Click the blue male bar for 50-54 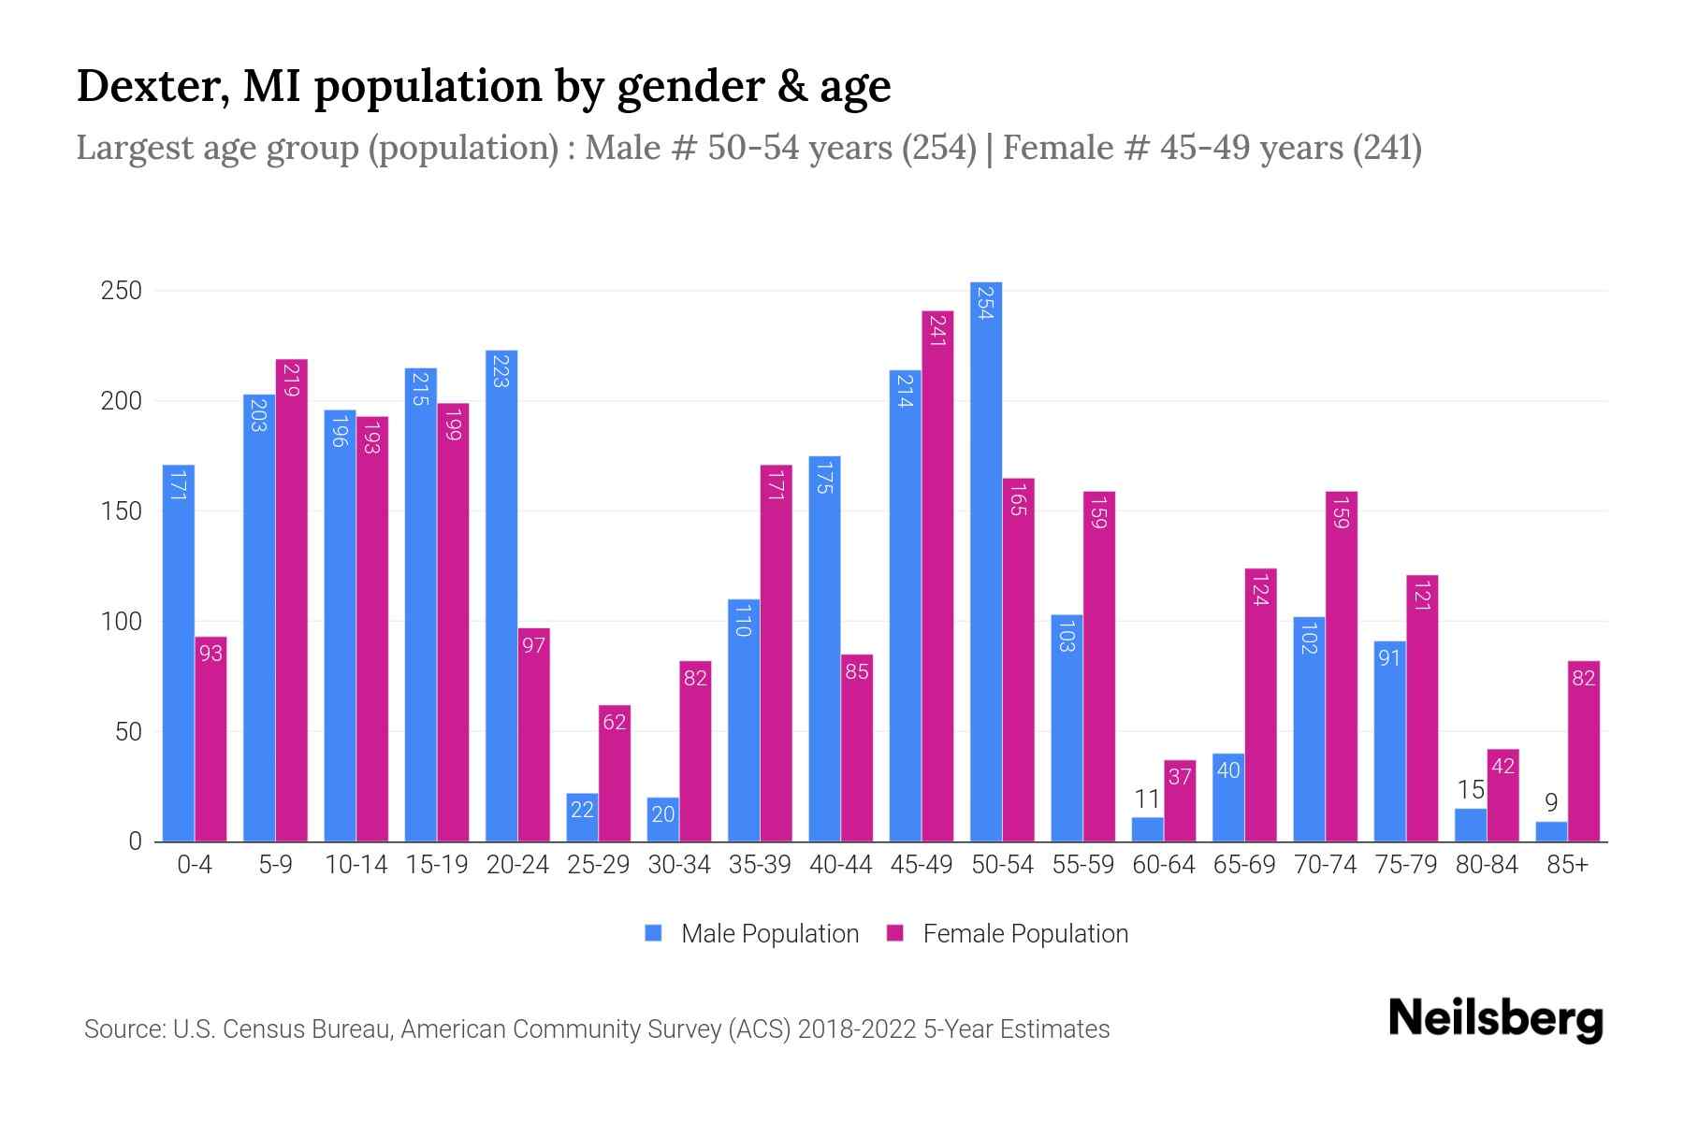(x=986, y=561)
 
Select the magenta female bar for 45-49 (x=937, y=576)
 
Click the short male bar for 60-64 (x=1147, y=830)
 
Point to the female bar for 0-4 (x=211, y=739)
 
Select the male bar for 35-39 (x=744, y=720)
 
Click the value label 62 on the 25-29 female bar (x=615, y=722)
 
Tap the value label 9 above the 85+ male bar (x=1551, y=802)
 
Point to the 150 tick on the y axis (x=121, y=511)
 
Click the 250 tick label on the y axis (x=121, y=291)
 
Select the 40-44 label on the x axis (x=840, y=865)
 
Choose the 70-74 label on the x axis (x=1325, y=865)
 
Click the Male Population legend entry (x=769, y=934)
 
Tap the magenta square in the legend (x=895, y=933)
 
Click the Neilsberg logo (x=1495, y=1019)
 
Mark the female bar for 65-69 (x=1260, y=705)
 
